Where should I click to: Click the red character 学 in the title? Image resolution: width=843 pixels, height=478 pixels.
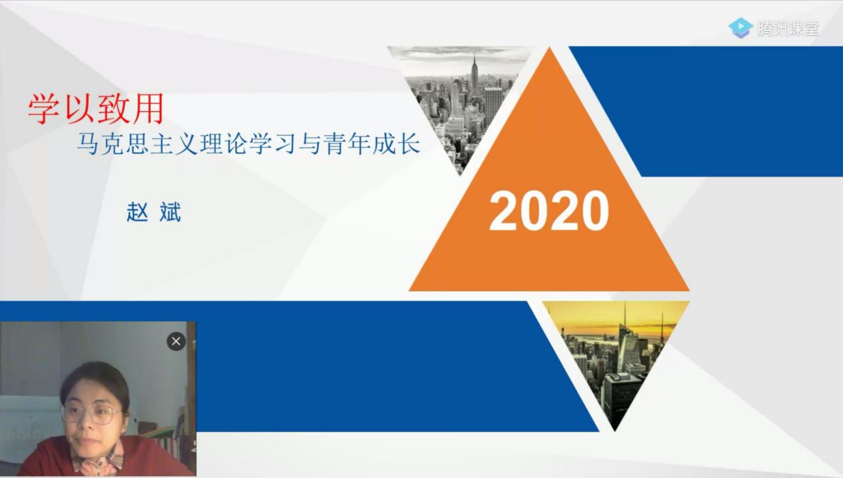click(44, 108)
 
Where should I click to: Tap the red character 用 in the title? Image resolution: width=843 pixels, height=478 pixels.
click(148, 108)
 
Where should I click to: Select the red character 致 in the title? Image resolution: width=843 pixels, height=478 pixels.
click(113, 108)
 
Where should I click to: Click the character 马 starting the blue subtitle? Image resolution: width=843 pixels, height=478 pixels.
click(88, 144)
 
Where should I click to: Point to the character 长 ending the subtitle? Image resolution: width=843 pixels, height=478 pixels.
click(409, 144)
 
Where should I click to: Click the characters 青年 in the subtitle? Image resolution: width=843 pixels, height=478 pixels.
click(347, 144)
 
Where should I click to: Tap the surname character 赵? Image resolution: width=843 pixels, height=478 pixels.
click(137, 212)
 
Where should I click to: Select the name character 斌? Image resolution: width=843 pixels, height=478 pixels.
click(170, 212)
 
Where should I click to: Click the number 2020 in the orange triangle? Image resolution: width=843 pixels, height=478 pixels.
click(548, 211)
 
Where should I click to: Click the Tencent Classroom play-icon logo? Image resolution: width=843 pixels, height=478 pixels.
click(740, 28)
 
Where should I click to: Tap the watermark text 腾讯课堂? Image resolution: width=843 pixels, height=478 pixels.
click(788, 28)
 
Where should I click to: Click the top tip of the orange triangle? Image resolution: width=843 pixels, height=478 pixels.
click(549, 47)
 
